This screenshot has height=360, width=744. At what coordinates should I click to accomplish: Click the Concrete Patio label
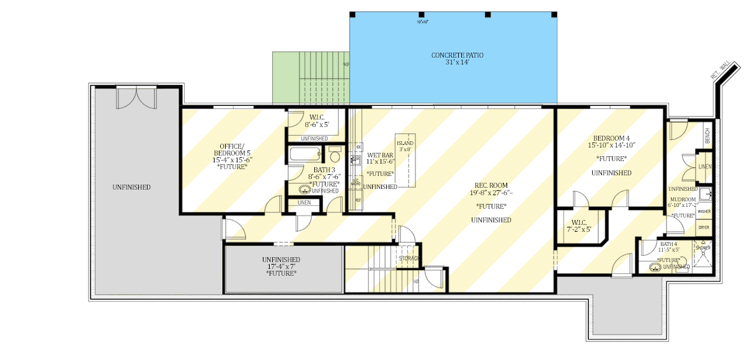pos(457,59)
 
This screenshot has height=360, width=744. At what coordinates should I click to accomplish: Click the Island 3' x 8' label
pos(405,146)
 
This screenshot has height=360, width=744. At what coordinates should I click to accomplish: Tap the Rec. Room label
pos(491,188)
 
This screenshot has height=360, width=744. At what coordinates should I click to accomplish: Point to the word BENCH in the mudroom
pos(707,134)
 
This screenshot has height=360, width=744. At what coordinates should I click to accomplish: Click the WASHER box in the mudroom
pos(704,211)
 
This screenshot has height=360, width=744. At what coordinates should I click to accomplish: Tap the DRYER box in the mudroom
pos(704,227)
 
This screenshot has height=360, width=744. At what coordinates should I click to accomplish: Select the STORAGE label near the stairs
pos(409,258)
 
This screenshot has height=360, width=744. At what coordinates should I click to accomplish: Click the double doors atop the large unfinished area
pos(137,98)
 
